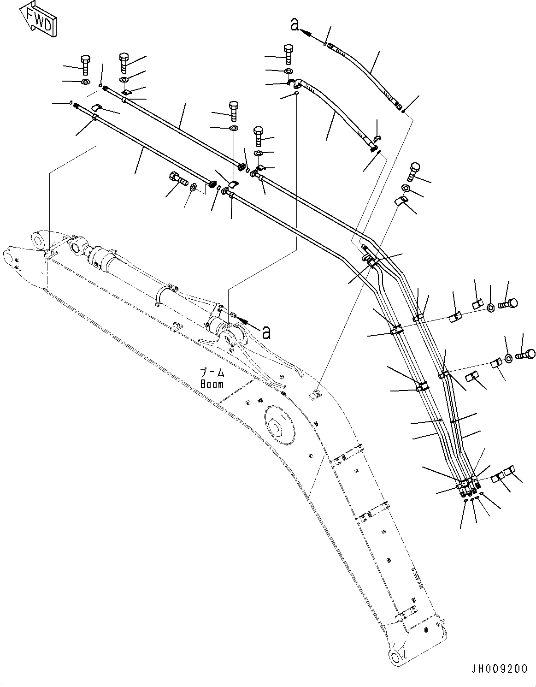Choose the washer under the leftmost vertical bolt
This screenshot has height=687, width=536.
pos(85,82)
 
